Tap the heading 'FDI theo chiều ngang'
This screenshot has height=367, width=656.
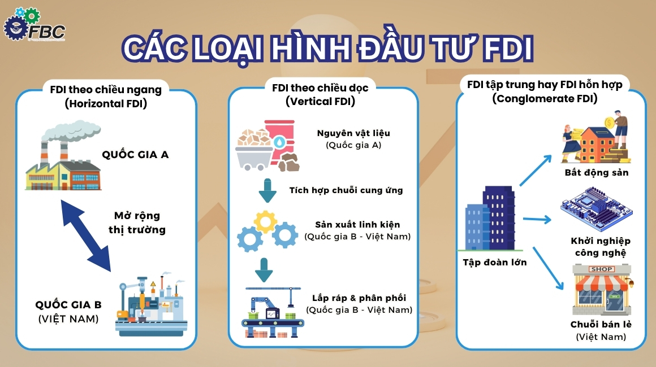point(106,89)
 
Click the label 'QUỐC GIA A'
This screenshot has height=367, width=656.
point(135,154)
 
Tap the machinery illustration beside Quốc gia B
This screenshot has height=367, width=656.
point(150,305)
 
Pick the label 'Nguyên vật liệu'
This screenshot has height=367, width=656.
point(353,133)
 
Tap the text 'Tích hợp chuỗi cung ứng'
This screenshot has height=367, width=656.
point(346,190)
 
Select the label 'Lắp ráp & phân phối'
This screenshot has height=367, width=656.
point(359,298)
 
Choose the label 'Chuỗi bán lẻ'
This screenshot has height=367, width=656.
point(601,324)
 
